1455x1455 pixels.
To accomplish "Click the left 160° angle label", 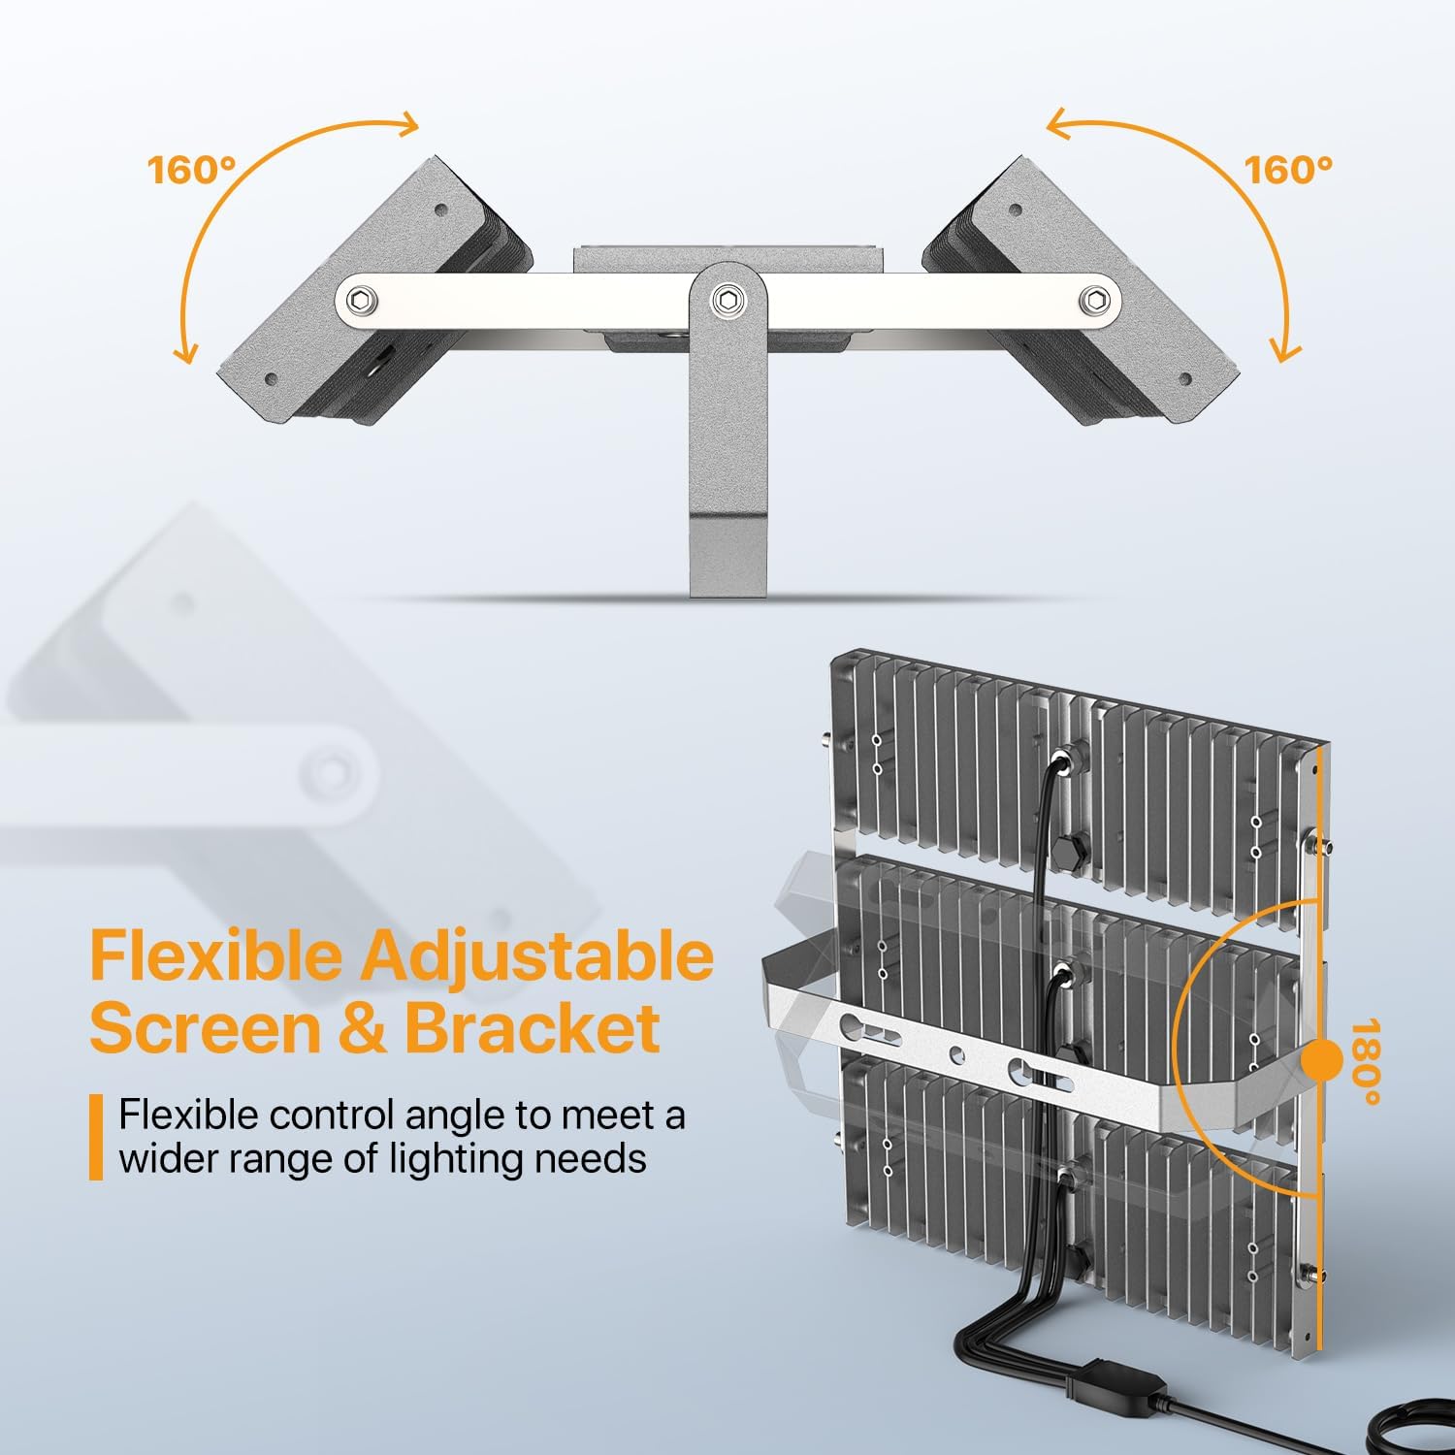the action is [x=191, y=170].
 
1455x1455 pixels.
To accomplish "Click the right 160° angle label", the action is [x=1288, y=170].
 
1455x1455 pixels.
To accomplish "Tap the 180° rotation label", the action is [x=1366, y=1062].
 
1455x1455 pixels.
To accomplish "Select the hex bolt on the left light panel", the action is [x=362, y=300].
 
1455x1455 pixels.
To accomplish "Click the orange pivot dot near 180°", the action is [x=1320, y=1061].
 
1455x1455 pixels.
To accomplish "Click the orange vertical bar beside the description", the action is [x=96, y=1137].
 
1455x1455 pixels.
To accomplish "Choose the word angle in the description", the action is [x=455, y=1116].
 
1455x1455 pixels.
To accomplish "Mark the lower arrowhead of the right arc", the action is [x=1284, y=351].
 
